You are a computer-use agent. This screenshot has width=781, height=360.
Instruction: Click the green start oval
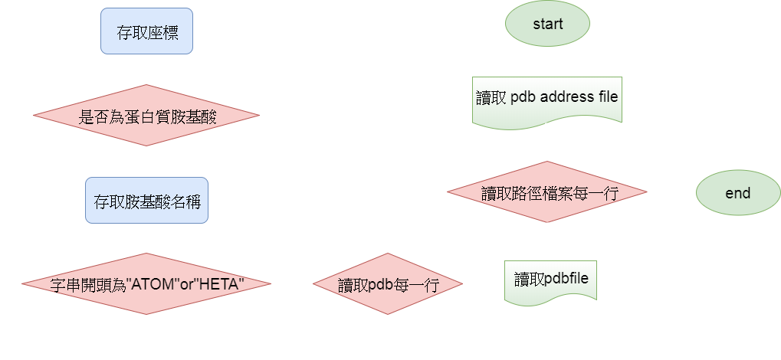tap(547, 24)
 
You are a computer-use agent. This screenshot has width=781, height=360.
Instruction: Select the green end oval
tap(737, 193)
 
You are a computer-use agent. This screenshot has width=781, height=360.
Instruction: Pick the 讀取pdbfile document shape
tap(550, 279)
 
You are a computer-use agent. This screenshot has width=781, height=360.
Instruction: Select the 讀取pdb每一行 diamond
tap(388, 284)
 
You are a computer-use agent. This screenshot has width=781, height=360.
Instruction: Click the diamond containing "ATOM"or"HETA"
tap(146, 284)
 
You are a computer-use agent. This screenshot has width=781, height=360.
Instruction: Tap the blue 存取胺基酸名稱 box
tap(146, 202)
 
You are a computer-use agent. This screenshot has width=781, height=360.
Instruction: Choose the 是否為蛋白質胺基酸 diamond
tap(146, 117)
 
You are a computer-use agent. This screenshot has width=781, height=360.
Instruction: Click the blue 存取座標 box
tap(146, 32)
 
